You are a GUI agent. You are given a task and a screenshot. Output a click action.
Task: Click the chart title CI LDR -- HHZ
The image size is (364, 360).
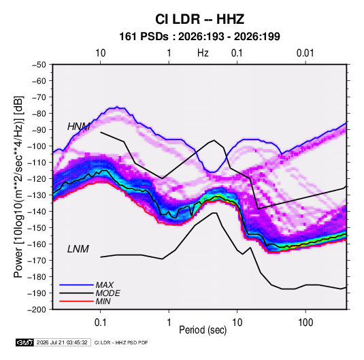199,19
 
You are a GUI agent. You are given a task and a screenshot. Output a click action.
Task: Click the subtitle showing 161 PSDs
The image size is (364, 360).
199,37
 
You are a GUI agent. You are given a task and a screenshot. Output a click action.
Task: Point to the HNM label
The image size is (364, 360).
79,127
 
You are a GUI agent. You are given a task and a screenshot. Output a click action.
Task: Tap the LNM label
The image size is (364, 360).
78,249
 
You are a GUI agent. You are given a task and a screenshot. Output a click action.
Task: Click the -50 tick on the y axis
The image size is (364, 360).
39,65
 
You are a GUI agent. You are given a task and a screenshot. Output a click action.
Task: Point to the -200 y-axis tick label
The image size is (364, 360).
37,310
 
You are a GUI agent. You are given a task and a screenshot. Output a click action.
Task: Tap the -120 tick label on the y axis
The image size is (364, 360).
37,179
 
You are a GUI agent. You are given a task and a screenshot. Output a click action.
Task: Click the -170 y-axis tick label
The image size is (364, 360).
37,261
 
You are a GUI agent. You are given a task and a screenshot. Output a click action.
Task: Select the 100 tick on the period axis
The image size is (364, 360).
305,323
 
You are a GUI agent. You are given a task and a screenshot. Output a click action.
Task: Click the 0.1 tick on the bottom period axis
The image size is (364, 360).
100,323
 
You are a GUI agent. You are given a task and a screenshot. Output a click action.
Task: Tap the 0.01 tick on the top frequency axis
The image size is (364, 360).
305,53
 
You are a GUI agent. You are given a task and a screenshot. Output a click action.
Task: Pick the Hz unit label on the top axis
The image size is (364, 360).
203,53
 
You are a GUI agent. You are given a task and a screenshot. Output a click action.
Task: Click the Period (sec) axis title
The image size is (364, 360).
203,330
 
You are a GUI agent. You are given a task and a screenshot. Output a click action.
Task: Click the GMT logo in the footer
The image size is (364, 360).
24,342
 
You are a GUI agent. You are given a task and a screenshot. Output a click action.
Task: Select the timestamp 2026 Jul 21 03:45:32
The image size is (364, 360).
62,342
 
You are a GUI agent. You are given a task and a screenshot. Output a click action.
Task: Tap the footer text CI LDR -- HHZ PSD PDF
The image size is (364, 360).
121,342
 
